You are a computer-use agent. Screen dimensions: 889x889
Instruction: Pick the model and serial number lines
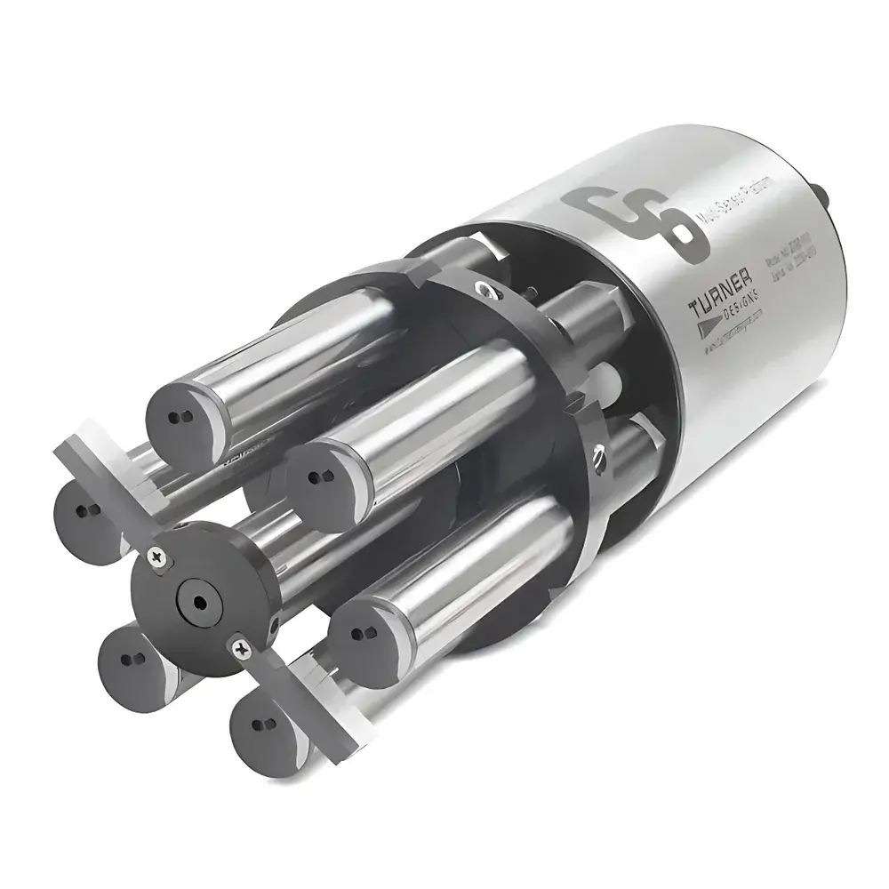(x=786, y=271)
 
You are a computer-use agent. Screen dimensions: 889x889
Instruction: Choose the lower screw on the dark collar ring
(x=602, y=458)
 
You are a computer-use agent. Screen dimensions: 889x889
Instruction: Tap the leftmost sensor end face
(x=84, y=510)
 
